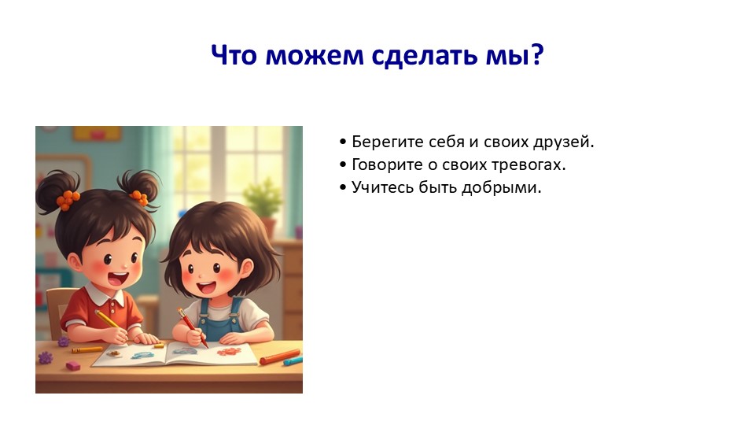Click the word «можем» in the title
point(315,54)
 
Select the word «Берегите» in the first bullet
point(383,142)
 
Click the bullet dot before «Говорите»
point(343,164)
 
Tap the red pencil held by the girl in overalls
point(192,327)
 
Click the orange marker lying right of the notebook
point(279,357)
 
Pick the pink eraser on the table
point(73,366)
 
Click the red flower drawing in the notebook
point(228,352)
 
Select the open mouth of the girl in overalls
point(207,288)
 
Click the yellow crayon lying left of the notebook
point(87,349)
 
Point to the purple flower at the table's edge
point(46,357)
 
